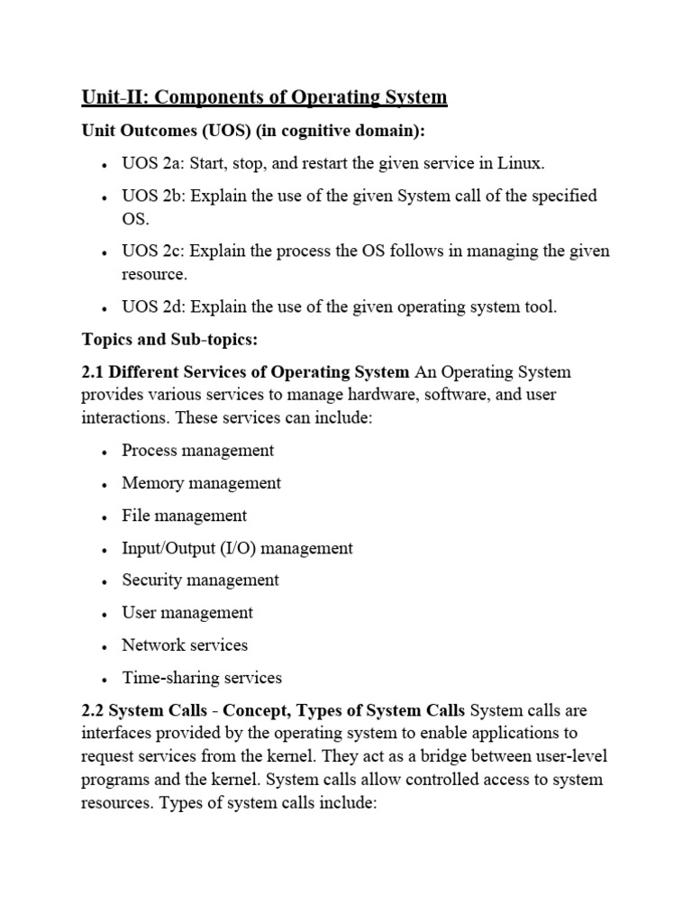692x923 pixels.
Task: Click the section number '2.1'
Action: [95, 372]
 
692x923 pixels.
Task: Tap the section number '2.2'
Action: [95, 710]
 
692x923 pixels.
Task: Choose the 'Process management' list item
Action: [198, 450]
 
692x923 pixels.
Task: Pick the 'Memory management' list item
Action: [202, 483]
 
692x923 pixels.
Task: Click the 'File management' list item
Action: [185, 516]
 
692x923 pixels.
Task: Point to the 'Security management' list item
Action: [201, 580]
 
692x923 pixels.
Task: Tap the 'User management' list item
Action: [187, 613]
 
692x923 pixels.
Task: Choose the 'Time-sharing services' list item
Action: [202, 678]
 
